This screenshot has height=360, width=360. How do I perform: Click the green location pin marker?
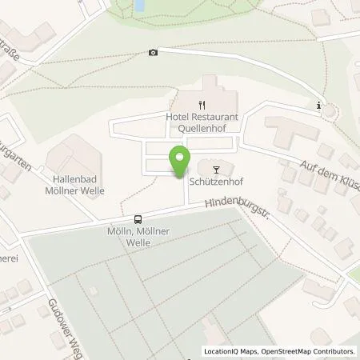pos(180,160)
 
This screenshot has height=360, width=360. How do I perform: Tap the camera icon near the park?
pos(153,53)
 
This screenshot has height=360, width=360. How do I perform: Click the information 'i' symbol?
pos(319,105)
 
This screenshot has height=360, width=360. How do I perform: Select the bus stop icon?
pos(138,219)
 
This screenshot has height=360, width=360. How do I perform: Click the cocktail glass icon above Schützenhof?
pos(214,168)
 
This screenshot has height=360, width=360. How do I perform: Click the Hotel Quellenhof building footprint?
pos(210,90)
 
